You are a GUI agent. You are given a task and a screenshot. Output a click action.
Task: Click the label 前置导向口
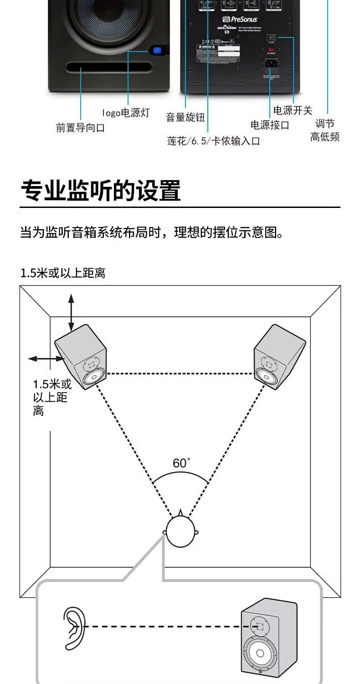coord(80,128)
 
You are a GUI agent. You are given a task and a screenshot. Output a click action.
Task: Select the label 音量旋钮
coord(185,117)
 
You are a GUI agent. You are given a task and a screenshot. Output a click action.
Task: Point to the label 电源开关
coord(293,110)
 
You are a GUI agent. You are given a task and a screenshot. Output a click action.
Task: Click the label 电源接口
coord(270,125)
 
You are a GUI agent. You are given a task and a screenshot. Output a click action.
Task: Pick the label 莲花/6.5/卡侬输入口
coord(213,141)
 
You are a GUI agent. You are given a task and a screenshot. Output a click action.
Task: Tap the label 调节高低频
coord(325,130)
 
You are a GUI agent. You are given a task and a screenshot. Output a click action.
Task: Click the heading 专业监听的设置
coord(101,191)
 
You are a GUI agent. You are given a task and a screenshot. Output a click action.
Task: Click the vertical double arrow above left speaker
coord(71,312)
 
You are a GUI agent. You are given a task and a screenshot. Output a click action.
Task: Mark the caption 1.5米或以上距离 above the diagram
coord(63,273)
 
